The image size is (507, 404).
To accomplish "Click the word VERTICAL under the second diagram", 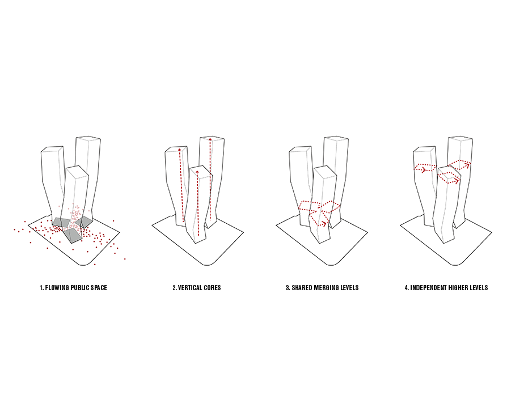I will [x=190, y=288].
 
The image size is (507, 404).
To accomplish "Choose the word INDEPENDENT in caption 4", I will [x=428, y=288].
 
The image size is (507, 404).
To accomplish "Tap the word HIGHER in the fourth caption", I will [x=458, y=288].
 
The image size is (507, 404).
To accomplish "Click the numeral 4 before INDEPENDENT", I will [x=406, y=288].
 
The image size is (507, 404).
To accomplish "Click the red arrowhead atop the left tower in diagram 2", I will [x=180, y=150].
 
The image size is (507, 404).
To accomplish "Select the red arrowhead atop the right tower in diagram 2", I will [x=211, y=139].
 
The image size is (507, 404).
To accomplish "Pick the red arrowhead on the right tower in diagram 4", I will [x=468, y=165].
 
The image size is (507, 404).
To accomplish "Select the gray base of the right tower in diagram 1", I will [x=87, y=220].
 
